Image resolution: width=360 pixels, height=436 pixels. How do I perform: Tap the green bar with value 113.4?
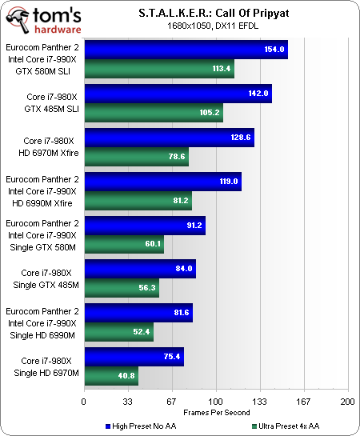pyautogui.click(x=158, y=68)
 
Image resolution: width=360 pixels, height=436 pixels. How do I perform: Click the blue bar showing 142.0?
pyautogui.click(x=178, y=94)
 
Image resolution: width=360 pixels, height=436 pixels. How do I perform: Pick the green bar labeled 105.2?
pyautogui.click(x=153, y=112)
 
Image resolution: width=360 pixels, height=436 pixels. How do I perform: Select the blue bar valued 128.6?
pyautogui.click(x=169, y=138)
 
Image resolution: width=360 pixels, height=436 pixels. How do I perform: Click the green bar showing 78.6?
pyautogui.click(x=136, y=156)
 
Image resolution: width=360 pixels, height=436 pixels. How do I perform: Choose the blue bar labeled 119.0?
pyautogui.click(x=162, y=182)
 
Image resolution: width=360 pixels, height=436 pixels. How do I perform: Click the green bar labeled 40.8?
pyautogui.click(x=111, y=375)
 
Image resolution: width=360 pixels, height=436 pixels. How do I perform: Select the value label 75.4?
pyautogui.click(x=172, y=357)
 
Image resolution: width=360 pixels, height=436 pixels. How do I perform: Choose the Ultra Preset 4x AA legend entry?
pyautogui.click(x=288, y=425)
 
